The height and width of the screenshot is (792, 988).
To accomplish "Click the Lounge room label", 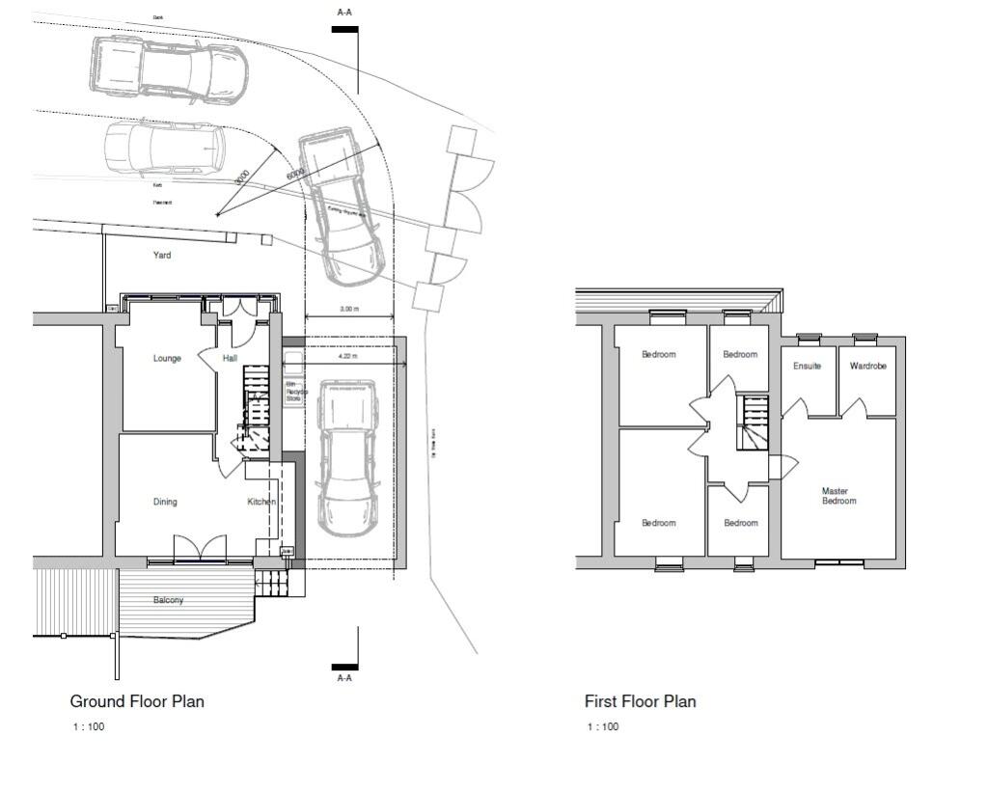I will coord(167,359).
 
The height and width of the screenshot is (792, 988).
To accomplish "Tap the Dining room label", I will coord(165,502).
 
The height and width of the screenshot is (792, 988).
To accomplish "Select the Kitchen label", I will coord(261,502).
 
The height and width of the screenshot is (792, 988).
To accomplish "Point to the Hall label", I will coord(230,359).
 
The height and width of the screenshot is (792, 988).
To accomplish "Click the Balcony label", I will coord(168,600).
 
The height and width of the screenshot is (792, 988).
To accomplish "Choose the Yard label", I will coord(162,256).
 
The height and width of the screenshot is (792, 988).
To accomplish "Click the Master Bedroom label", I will coord(838,496).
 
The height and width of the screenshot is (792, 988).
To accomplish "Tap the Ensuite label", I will coord(807,367).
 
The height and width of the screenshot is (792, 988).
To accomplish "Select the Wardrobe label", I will coord(867,367).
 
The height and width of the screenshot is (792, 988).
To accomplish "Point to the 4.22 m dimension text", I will coord(348,356).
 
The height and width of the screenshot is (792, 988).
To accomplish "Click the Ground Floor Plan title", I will coord(137,701).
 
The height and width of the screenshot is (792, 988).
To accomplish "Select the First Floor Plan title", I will coord(640,701).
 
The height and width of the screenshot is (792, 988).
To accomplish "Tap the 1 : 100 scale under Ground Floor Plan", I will coord(89,726).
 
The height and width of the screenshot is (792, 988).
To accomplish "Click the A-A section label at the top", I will coord(344,13).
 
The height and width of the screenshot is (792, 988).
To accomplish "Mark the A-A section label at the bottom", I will coord(344,678).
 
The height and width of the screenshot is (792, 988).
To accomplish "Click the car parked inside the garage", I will coord(346,458).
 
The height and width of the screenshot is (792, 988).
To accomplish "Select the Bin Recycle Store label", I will coord(293,392).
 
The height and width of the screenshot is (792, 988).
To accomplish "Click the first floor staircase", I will coord(753,423).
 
